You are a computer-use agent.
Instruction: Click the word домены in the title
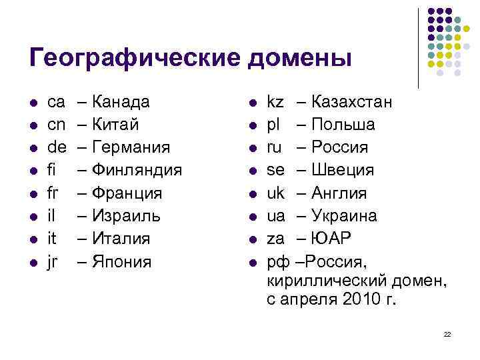(299, 59)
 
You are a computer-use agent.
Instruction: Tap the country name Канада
(122, 103)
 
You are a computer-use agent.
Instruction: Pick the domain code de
(57, 148)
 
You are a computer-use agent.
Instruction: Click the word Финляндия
(137, 171)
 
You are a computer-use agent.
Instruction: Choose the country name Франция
(129, 193)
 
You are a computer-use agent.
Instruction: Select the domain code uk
(275, 193)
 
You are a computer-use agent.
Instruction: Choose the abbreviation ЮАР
(331, 239)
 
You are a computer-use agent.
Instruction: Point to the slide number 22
(447, 333)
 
